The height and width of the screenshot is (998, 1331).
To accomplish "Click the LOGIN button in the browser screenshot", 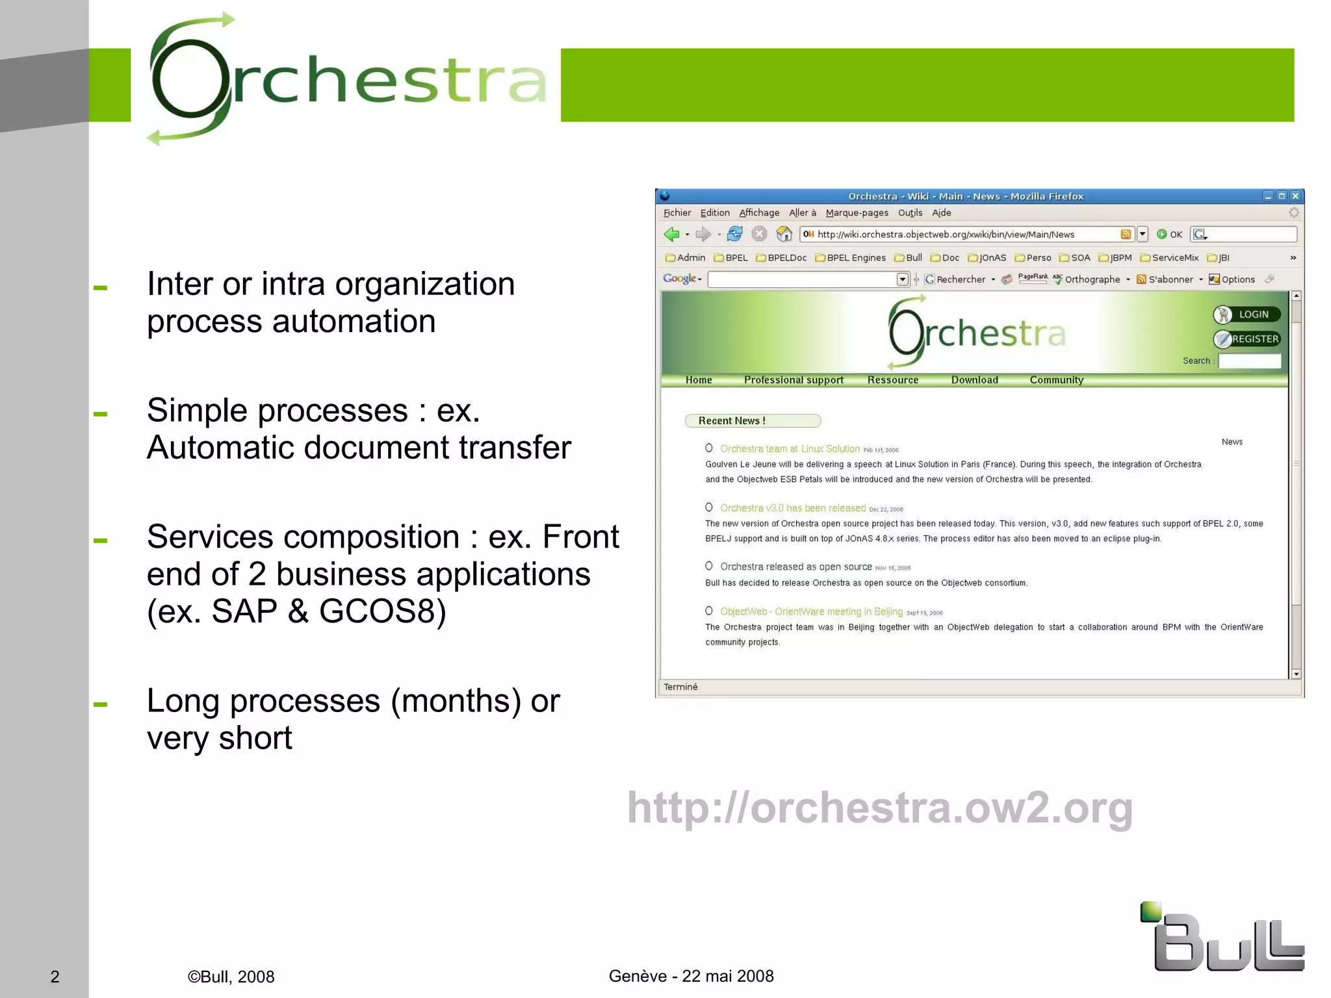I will click(1247, 314).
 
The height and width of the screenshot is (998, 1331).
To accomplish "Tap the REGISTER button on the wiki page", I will click(1247, 339).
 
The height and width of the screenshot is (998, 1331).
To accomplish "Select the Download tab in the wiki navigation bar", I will click(974, 380).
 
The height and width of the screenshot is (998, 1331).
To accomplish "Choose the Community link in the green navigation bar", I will click(1056, 380).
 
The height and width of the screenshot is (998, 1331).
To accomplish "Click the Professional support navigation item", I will click(794, 380).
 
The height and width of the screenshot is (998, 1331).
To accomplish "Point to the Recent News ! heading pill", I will click(753, 421).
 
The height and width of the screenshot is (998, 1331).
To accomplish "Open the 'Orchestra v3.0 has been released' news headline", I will click(792, 508).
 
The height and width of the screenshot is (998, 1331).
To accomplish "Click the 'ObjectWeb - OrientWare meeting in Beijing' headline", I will click(811, 611).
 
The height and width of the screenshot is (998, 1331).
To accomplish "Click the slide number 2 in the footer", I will click(55, 977).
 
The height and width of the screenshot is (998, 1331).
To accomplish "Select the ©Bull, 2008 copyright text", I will click(231, 977).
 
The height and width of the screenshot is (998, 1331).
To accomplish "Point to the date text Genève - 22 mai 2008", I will click(691, 976).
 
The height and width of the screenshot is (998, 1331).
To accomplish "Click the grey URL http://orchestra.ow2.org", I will click(880, 808).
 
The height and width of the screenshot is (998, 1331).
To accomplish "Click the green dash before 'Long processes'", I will click(100, 704).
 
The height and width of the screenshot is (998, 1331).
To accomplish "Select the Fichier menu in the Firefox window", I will click(677, 213).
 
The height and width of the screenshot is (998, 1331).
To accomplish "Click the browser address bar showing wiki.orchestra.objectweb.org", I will click(962, 235).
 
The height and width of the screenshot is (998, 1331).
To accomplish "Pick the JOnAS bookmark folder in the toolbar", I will click(987, 258).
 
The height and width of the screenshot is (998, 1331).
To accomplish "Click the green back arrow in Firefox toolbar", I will click(671, 234).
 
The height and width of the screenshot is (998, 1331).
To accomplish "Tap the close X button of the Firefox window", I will click(1295, 196).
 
